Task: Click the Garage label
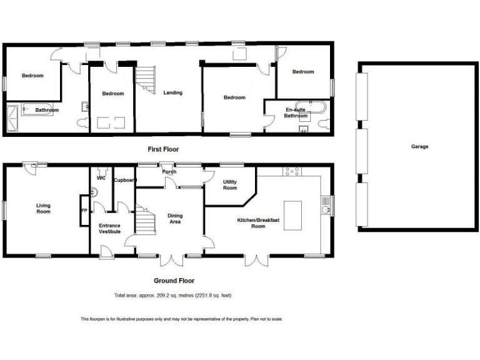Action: [419, 146]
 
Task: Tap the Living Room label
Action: [43, 208]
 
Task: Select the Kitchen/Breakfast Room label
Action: [259, 222]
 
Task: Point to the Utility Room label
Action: [230, 184]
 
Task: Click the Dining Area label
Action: [175, 218]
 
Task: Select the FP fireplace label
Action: [84, 211]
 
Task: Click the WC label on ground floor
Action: [101, 178]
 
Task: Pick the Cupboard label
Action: [124, 179]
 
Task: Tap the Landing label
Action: [173, 93]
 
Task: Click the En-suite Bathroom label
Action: [296, 112]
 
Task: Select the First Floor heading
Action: [163, 149]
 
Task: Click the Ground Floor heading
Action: [175, 281]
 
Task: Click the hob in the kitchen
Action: [292, 170]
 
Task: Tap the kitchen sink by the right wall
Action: [325, 204]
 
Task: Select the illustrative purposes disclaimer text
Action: [181, 319]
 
